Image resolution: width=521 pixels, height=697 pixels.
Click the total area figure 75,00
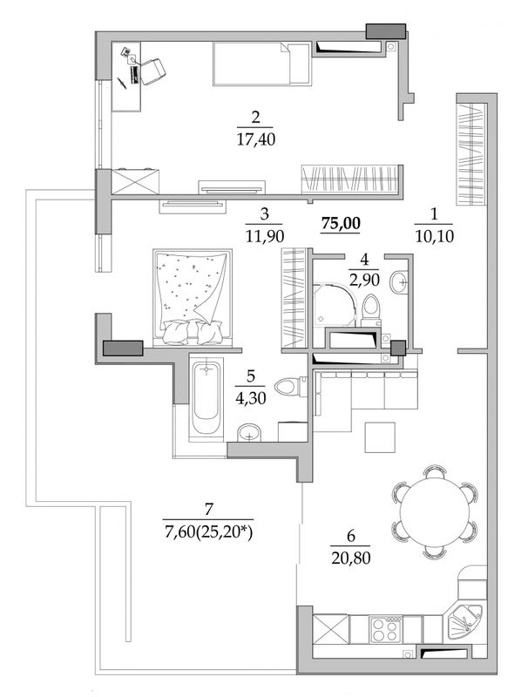[x=341, y=224]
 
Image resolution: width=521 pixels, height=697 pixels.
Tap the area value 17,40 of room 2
[x=255, y=140]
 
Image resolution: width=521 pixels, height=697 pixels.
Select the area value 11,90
[x=265, y=236]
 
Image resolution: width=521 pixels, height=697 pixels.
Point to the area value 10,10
[x=435, y=236]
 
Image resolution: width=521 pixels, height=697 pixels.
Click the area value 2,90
[x=364, y=280]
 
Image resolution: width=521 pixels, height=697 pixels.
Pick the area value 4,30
[x=251, y=398]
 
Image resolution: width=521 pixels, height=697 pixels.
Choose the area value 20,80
[x=351, y=558]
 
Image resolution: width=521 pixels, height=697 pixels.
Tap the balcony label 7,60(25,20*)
[x=208, y=531]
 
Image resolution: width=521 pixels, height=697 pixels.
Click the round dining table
[x=435, y=511]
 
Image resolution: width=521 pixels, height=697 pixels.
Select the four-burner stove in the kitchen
[x=385, y=628]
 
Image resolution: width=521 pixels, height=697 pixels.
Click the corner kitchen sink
[x=464, y=622]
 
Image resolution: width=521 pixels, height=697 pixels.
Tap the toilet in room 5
[x=291, y=386]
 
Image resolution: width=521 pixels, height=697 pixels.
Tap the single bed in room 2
[x=262, y=64]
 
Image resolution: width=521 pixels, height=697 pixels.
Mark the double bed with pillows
[x=192, y=297]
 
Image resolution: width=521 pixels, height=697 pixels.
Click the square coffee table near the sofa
[x=380, y=437]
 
